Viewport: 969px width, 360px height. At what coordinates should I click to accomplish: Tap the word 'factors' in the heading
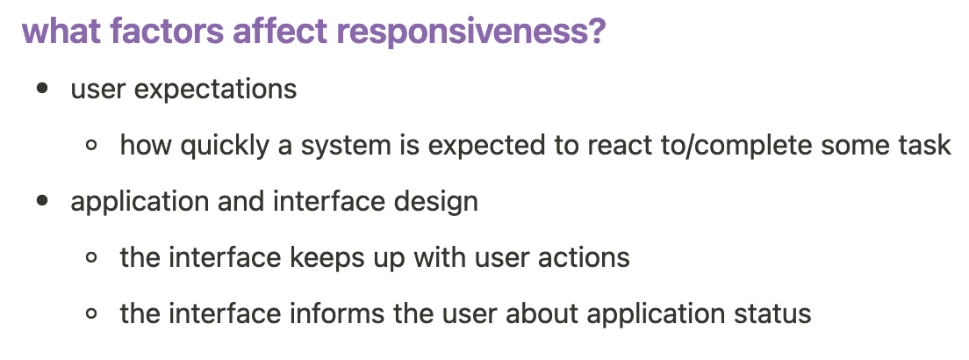[167, 30]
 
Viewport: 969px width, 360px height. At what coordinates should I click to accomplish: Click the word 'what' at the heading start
[61, 30]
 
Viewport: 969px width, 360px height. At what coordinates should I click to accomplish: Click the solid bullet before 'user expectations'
[42, 89]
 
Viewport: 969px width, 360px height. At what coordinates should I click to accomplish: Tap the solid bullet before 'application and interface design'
[42, 200]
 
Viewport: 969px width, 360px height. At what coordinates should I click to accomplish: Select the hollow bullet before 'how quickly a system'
[91, 146]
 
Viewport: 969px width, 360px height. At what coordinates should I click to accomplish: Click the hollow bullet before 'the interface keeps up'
[91, 257]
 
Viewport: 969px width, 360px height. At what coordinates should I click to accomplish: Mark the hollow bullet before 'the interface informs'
[91, 313]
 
